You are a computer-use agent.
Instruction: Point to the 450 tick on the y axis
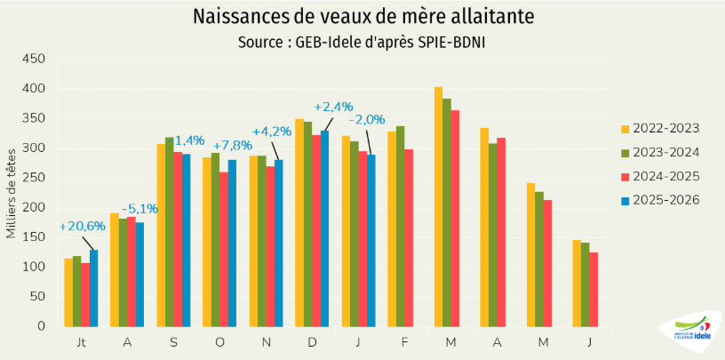tap(33, 59)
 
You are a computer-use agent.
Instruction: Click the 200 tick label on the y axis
tap(33, 207)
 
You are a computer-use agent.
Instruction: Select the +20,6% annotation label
tap(83, 226)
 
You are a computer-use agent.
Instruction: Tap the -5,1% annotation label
tap(139, 209)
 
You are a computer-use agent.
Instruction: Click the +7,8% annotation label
tap(232, 145)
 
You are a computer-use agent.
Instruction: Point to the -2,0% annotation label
tap(367, 120)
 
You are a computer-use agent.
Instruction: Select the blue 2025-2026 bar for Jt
tap(94, 288)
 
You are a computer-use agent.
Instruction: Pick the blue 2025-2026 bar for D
tap(324, 228)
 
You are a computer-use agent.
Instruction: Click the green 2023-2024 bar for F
tap(401, 226)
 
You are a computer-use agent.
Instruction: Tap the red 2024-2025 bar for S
tap(178, 238)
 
